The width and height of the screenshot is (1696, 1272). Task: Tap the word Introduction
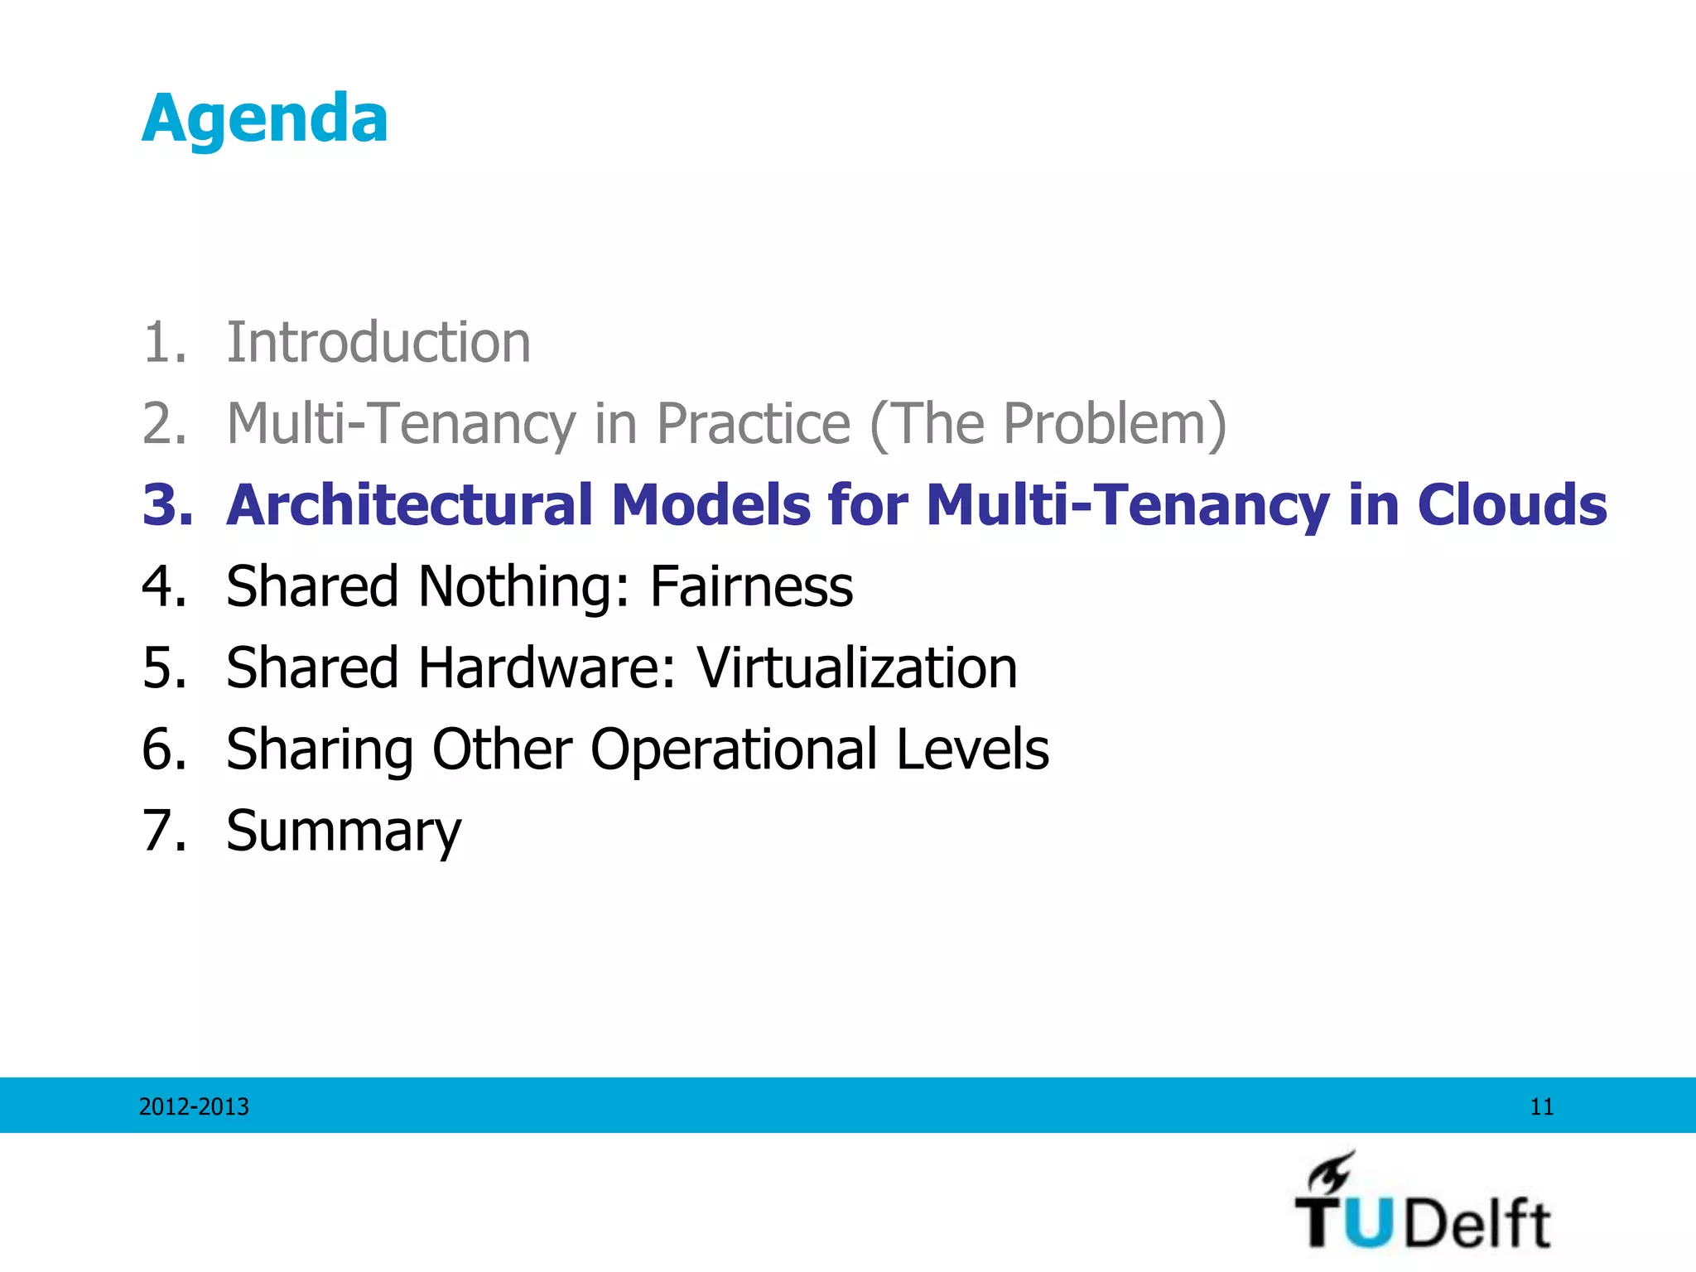point(378,342)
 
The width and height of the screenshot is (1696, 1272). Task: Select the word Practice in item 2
point(754,424)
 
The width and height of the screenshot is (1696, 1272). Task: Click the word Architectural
point(410,504)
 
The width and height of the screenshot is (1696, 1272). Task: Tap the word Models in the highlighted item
point(711,504)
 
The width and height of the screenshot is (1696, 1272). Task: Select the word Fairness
point(751,586)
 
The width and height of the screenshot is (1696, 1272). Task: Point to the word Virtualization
point(856,667)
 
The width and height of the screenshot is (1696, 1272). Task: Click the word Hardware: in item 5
point(547,667)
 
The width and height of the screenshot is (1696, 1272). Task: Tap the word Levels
point(972,749)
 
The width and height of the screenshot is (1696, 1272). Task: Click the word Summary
point(343,831)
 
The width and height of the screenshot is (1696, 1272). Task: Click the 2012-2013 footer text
point(194,1106)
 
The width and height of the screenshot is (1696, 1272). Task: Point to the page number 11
point(1541,1106)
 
